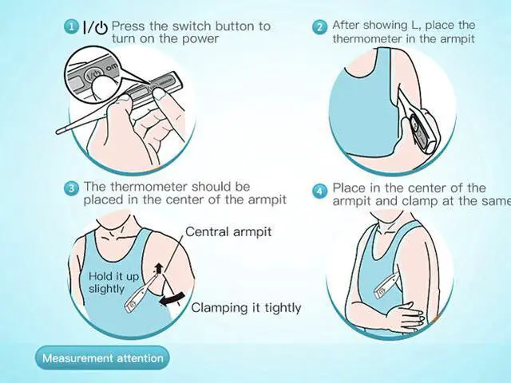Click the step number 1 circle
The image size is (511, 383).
tap(71, 26)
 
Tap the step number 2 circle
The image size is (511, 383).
tap(319, 26)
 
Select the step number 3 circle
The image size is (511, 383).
tap(71, 188)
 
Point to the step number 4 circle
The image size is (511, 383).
tap(319, 191)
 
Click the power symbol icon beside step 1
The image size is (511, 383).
tap(101, 28)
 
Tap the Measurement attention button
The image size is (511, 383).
tap(103, 358)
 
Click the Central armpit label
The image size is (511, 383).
tap(228, 232)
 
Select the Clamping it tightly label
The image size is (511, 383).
tap(246, 308)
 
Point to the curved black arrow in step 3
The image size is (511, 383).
tap(172, 299)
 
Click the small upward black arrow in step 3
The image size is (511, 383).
tap(159, 268)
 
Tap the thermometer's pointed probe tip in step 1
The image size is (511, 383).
tap(58, 132)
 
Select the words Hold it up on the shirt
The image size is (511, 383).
tap(113, 277)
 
